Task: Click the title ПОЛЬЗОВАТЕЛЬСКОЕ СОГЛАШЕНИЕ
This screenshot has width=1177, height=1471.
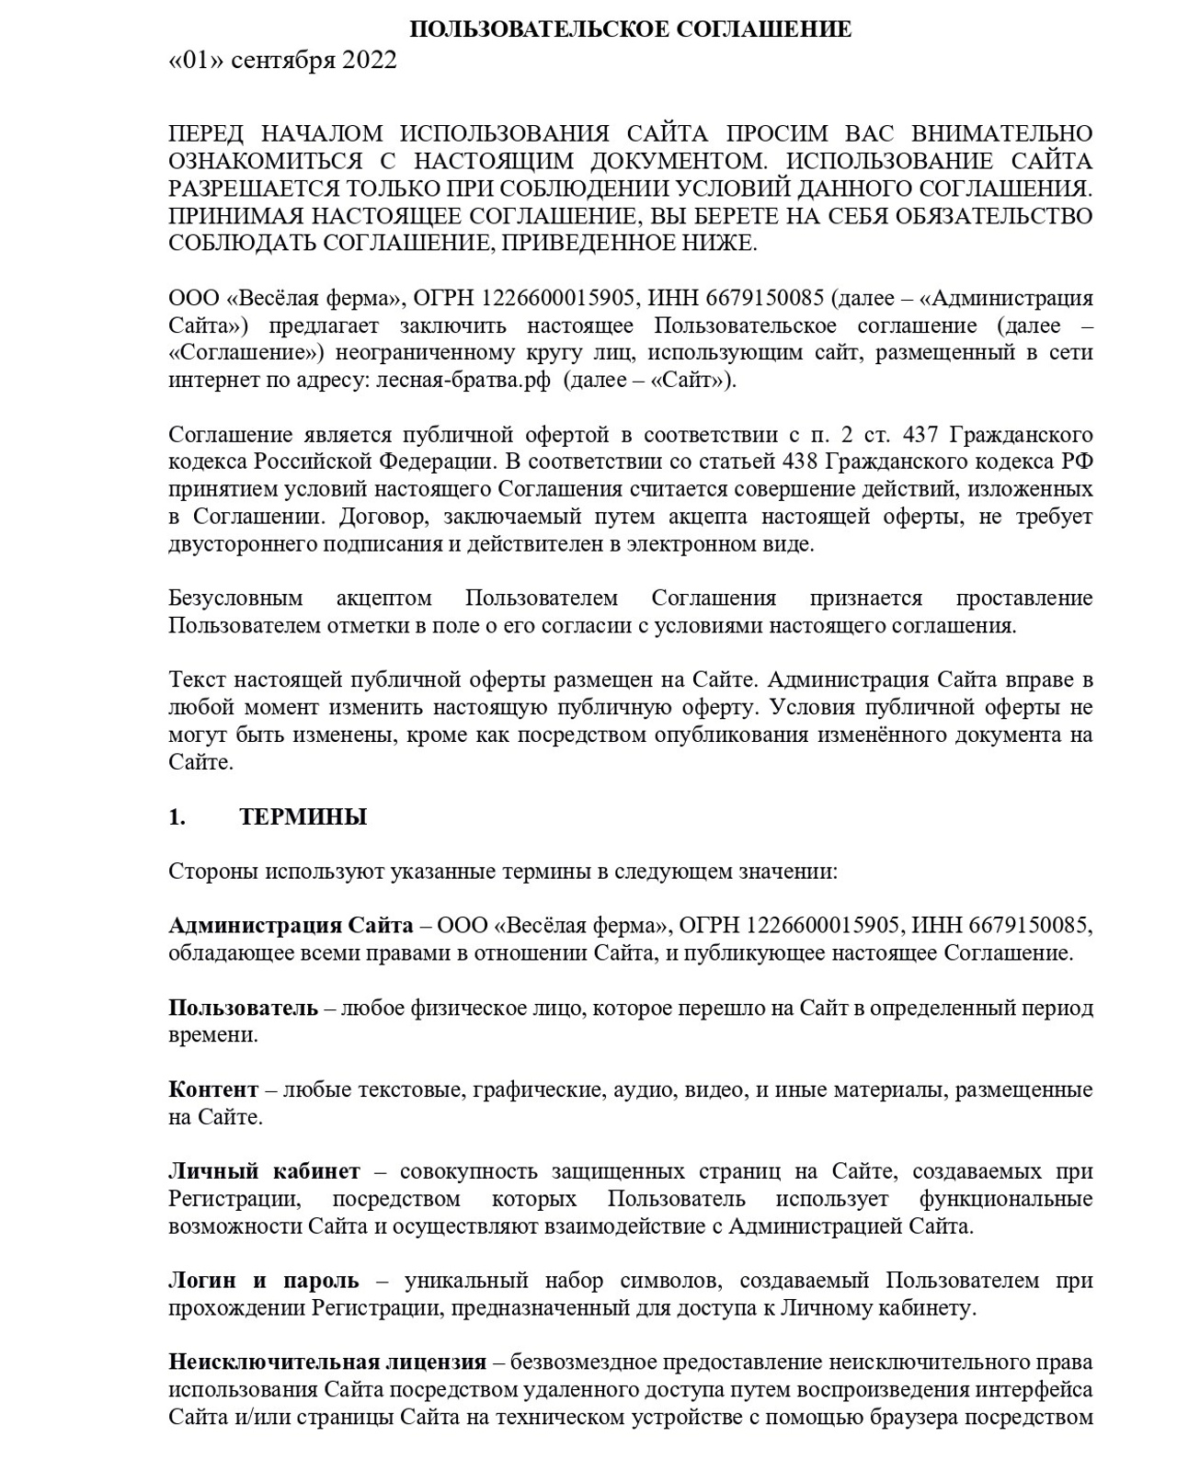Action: (630, 29)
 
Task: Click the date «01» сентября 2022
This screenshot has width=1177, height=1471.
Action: (283, 61)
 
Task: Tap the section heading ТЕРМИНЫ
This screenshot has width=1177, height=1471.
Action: (303, 817)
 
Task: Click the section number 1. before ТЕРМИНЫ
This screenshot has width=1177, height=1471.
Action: (177, 817)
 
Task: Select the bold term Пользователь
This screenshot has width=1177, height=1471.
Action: (243, 1008)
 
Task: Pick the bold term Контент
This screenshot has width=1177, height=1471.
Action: (213, 1090)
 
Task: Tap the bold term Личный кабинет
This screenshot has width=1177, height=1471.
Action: (264, 1172)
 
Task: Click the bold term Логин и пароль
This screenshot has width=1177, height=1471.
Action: (264, 1281)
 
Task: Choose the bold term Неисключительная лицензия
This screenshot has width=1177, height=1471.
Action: (326, 1363)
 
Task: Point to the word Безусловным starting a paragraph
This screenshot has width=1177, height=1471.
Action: (235, 599)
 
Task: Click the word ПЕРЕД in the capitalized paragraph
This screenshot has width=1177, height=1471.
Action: (207, 134)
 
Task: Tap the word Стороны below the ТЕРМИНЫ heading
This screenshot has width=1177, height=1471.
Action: (213, 872)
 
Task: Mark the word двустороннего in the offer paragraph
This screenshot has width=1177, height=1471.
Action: (242, 543)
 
